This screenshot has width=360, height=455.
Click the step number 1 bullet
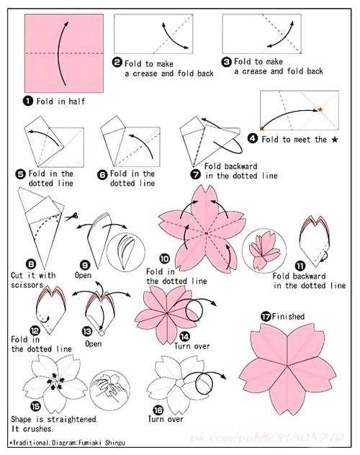tap(28, 101)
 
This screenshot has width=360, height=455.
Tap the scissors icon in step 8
tap(71, 217)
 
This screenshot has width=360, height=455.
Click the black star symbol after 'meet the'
tap(335, 140)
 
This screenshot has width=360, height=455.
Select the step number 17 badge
tap(266, 316)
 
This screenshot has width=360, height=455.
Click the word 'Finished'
tap(288, 316)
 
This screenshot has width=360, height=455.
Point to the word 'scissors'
tap(27, 285)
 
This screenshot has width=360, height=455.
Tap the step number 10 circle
tap(164, 258)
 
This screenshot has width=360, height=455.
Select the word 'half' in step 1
tap(77, 102)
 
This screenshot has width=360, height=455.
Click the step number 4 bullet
tap(253, 138)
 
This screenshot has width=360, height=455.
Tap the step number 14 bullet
tap(184, 336)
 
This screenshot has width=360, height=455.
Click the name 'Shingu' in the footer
tap(115, 443)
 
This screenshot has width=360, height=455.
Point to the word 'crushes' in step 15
tap(37, 428)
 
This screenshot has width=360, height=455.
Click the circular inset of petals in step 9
tap(125, 251)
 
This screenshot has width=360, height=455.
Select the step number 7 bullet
tap(196, 174)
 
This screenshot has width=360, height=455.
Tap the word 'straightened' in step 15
tap(72, 419)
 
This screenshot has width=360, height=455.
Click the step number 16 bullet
tap(158, 410)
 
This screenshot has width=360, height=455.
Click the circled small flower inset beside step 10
tap(264, 251)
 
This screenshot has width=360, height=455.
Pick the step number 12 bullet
tap(35, 330)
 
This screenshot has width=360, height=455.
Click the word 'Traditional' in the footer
tap(31, 443)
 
